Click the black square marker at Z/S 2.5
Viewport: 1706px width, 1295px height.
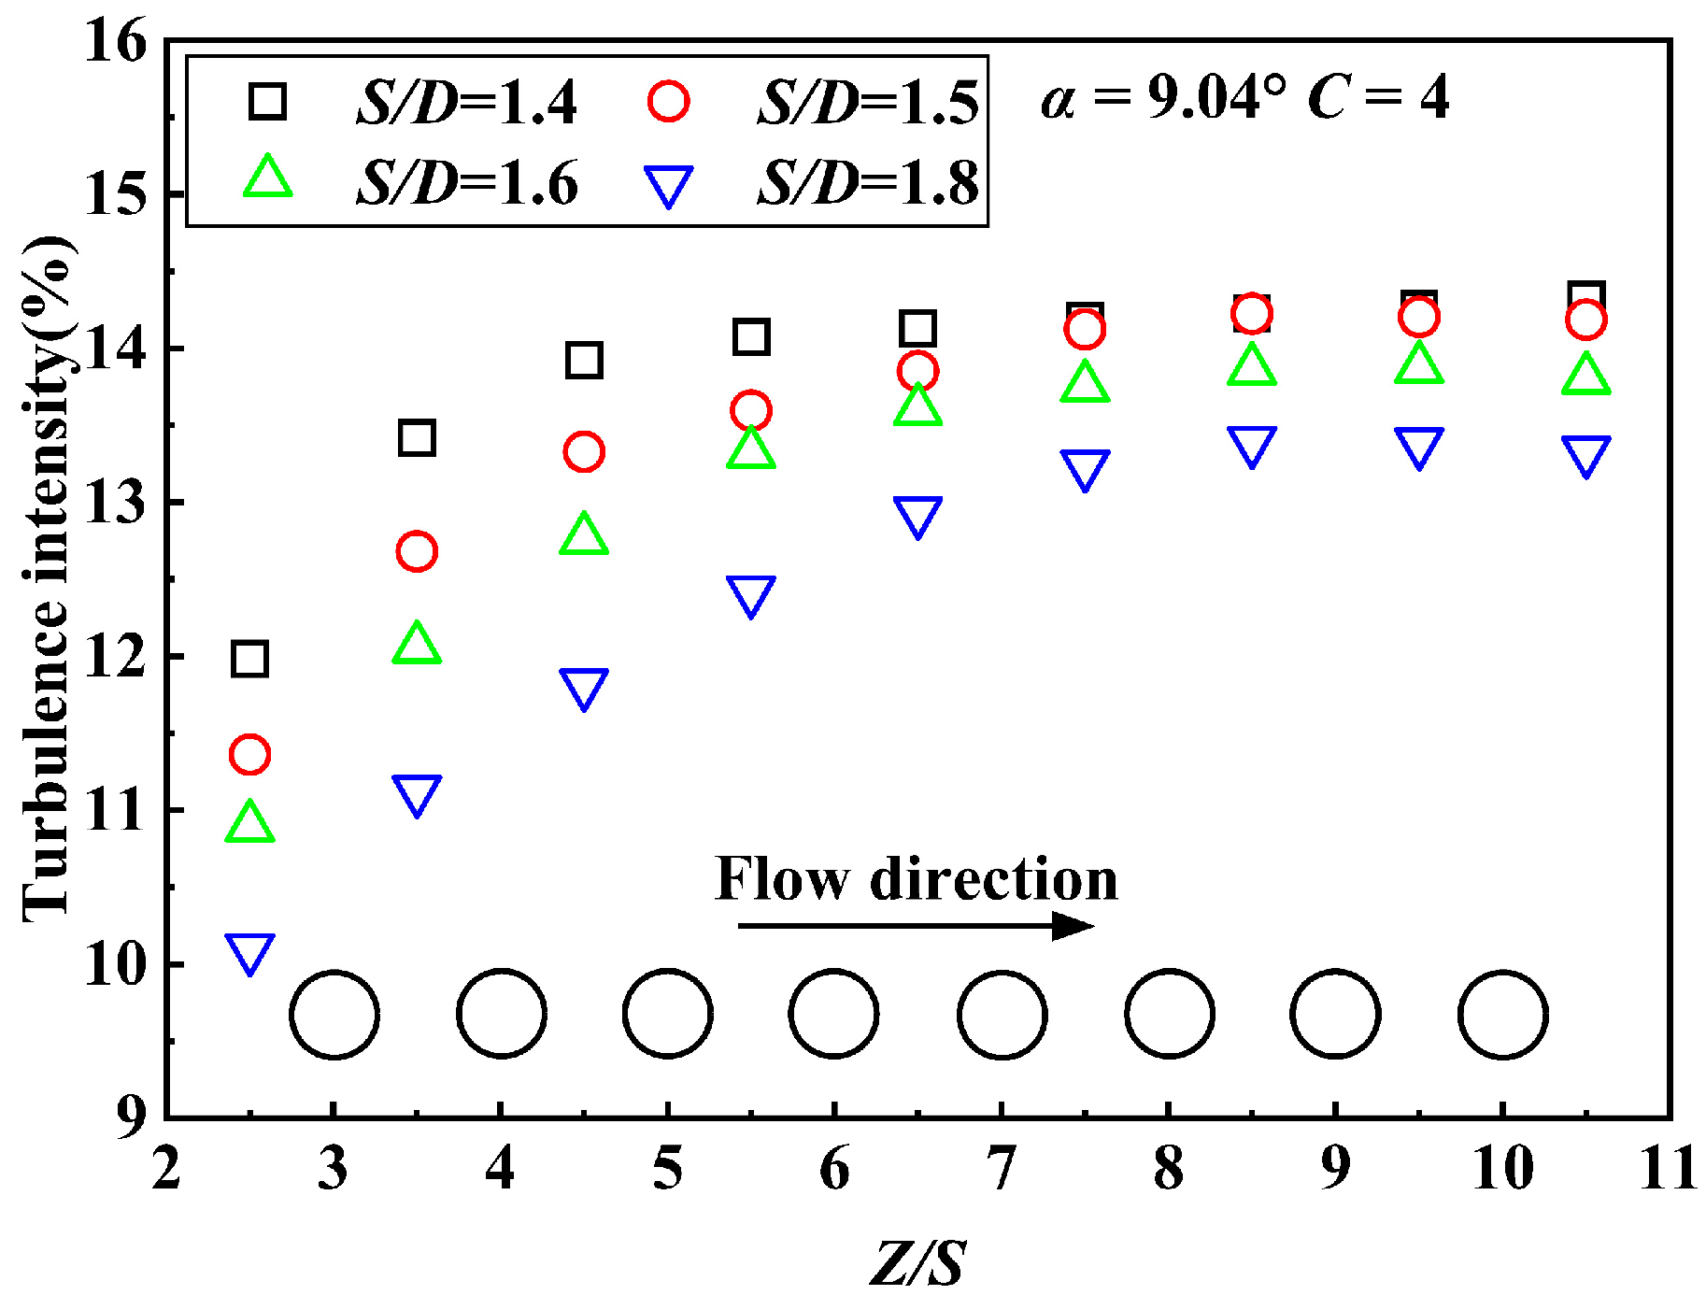click(249, 659)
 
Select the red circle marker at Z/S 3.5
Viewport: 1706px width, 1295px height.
click(417, 551)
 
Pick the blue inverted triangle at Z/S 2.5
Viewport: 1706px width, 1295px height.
click(249, 952)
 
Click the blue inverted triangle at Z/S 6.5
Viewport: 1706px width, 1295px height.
click(917, 516)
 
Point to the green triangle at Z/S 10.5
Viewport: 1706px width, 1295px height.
click(1585, 375)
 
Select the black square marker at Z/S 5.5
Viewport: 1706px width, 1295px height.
click(751, 336)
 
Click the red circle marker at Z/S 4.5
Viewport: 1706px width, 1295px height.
click(584, 452)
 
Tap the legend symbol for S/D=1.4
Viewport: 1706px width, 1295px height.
click(267, 100)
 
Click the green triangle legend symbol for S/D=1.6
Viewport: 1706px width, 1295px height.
click(268, 178)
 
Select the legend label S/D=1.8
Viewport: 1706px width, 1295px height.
click(868, 182)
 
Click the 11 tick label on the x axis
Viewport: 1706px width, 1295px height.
click(1669, 1168)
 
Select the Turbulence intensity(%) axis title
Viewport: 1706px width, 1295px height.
click(47, 579)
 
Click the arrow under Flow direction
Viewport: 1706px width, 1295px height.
click(916, 926)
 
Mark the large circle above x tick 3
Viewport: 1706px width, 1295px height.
click(334, 1015)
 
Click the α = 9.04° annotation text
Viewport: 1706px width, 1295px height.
click(1164, 97)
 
